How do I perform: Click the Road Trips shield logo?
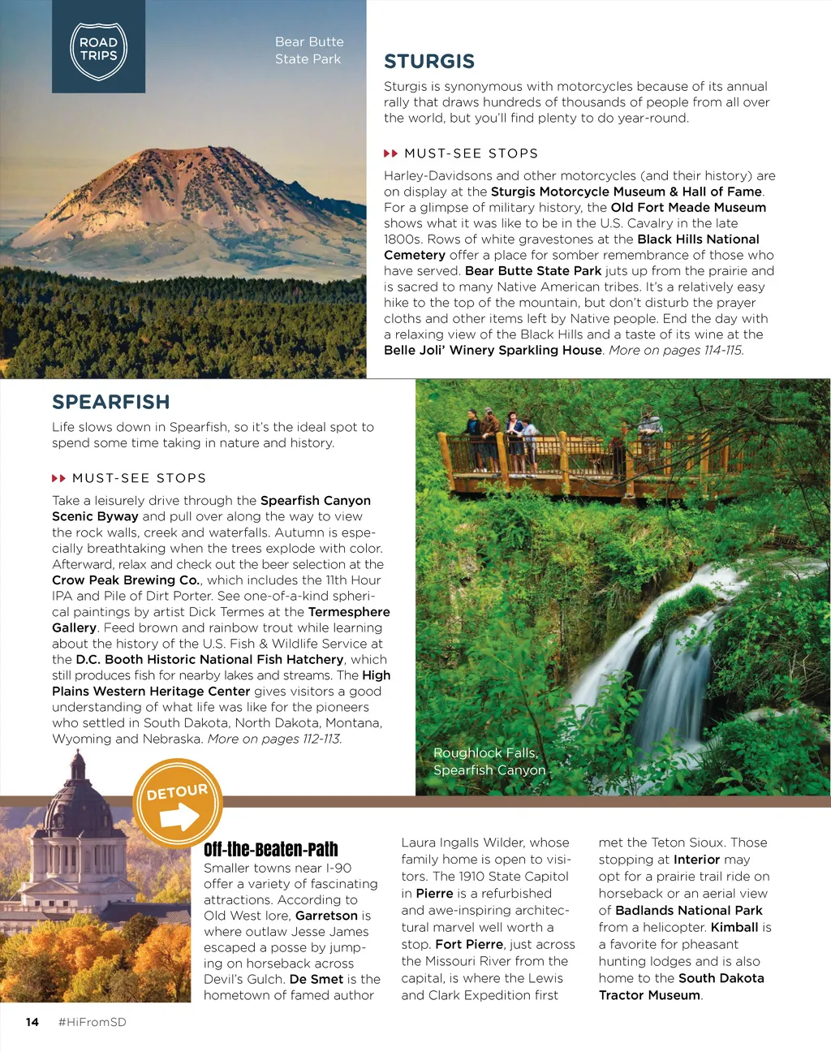click(x=98, y=50)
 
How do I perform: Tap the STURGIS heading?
click(x=429, y=62)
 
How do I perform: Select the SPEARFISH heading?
click(x=111, y=403)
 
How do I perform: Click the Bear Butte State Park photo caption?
click(x=308, y=50)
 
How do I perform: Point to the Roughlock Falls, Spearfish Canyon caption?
click(x=489, y=761)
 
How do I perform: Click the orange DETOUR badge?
click(x=177, y=804)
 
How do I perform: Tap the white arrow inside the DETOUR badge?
click(x=179, y=817)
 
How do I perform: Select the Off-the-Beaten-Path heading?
click(x=270, y=850)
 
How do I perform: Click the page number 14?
click(x=32, y=1022)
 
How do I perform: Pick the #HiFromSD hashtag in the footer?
click(x=93, y=1022)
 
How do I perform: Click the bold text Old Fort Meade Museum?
click(x=688, y=208)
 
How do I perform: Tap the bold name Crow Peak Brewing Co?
click(x=126, y=580)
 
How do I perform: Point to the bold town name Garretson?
click(x=326, y=916)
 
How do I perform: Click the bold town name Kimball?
click(x=734, y=927)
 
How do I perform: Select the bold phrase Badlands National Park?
click(x=689, y=911)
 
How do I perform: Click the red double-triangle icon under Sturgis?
click(x=390, y=153)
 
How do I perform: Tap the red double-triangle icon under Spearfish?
click(x=58, y=478)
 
